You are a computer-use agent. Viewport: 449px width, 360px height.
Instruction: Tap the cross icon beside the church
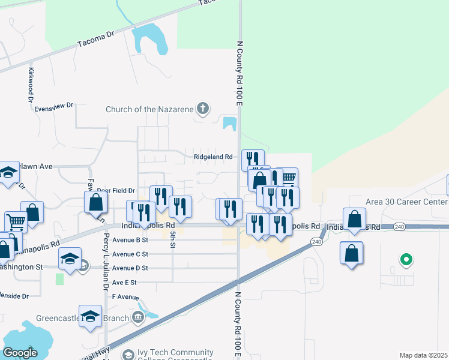point(203,109)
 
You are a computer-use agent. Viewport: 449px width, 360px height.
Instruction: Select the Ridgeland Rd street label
point(212,157)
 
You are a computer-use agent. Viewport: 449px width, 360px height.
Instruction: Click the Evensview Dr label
point(53,106)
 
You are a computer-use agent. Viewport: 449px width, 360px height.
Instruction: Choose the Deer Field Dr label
point(115,190)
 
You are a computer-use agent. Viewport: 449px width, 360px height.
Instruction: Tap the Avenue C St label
point(130,254)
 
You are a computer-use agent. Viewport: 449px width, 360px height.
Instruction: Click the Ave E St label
point(124,282)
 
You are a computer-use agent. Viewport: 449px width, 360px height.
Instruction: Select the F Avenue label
point(125,297)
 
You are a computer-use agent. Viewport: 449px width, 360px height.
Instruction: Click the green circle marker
point(406,260)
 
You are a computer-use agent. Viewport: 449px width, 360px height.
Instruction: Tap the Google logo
point(20,353)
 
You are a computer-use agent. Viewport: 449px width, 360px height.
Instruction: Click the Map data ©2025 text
point(423,355)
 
